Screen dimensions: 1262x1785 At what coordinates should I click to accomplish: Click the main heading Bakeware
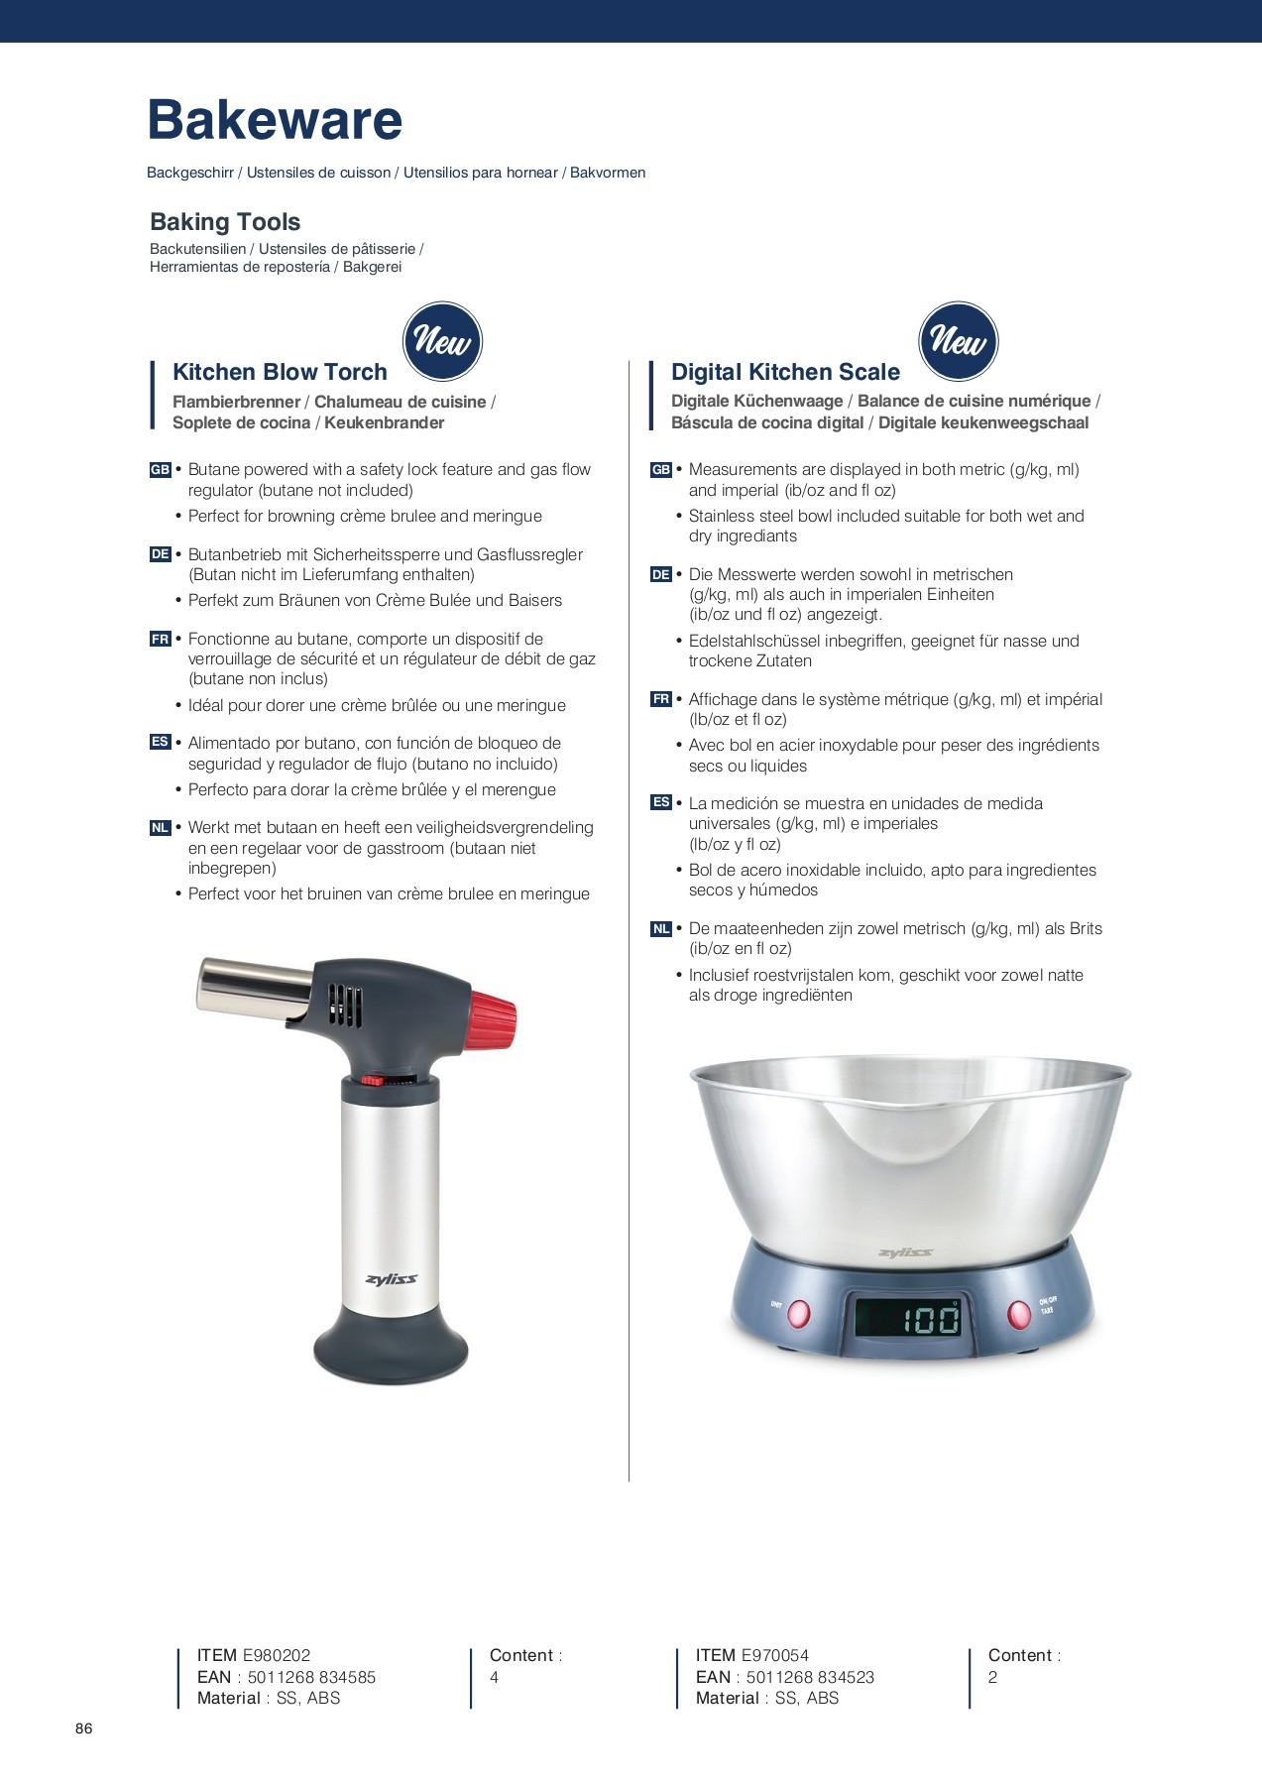[275, 121]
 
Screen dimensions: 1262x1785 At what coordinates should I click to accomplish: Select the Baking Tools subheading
[225, 222]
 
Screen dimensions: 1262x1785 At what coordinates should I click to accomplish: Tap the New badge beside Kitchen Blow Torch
[442, 342]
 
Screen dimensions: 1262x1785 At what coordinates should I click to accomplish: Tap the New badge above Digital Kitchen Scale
[959, 342]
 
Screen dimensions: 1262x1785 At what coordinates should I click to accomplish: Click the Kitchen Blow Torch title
[280, 372]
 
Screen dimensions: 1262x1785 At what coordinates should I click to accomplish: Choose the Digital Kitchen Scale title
[785, 372]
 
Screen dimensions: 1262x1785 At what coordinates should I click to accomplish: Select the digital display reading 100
[907, 1319]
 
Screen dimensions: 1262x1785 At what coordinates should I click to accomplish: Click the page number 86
[84, 1729]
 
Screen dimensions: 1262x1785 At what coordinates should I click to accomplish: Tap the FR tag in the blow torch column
[161, 639]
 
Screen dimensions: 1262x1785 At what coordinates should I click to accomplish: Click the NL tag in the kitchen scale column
[661, 929]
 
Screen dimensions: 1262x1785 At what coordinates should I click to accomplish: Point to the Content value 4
[494, 1677]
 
